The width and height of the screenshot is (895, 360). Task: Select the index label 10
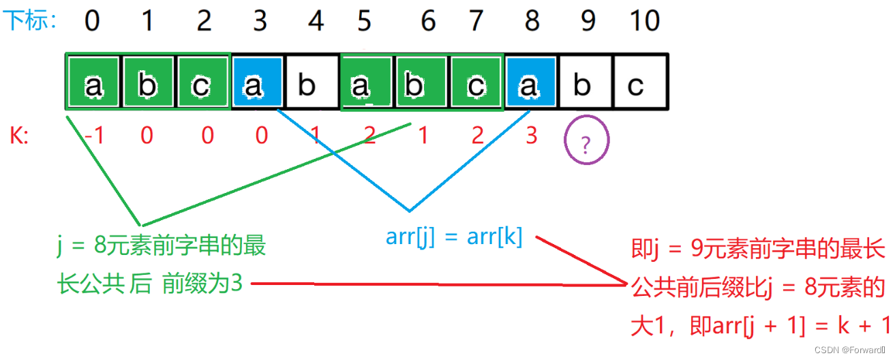tap(643, 21)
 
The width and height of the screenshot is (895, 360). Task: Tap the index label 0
tap(92, 21)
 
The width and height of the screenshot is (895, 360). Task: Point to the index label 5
tap(364, 21)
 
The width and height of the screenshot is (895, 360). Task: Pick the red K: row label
tap(19, 136)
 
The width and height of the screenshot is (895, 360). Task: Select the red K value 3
tap(532, 136)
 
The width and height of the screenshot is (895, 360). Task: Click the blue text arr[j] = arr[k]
tap(454, 237)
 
